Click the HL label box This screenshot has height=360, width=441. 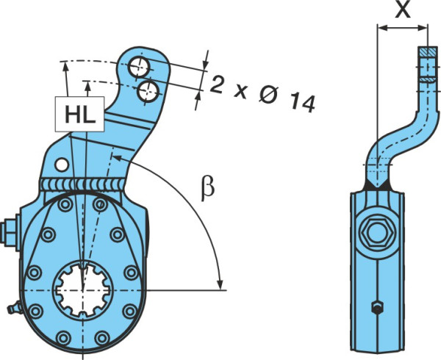coord(80,114)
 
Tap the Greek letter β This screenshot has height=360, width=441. coord(207,188)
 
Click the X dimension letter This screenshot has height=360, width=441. coord(403,10)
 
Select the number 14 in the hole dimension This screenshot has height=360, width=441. coord(302,103)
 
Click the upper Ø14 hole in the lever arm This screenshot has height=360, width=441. coord(139,67)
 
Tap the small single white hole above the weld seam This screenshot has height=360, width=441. coord(62,165)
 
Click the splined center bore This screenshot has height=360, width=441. coord(83,289)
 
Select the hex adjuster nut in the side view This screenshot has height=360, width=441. coord(376,231)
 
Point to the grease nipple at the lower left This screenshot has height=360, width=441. coord(15,308)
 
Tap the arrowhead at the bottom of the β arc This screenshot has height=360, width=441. coord(220,284)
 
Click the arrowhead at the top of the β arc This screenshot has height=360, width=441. coord(118,158)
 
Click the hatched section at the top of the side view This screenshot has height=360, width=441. coord(428,51)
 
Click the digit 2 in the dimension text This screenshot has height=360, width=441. coord(216,84)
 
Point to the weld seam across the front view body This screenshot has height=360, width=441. coord(82,184)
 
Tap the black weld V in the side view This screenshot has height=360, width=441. coord(377,184)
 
